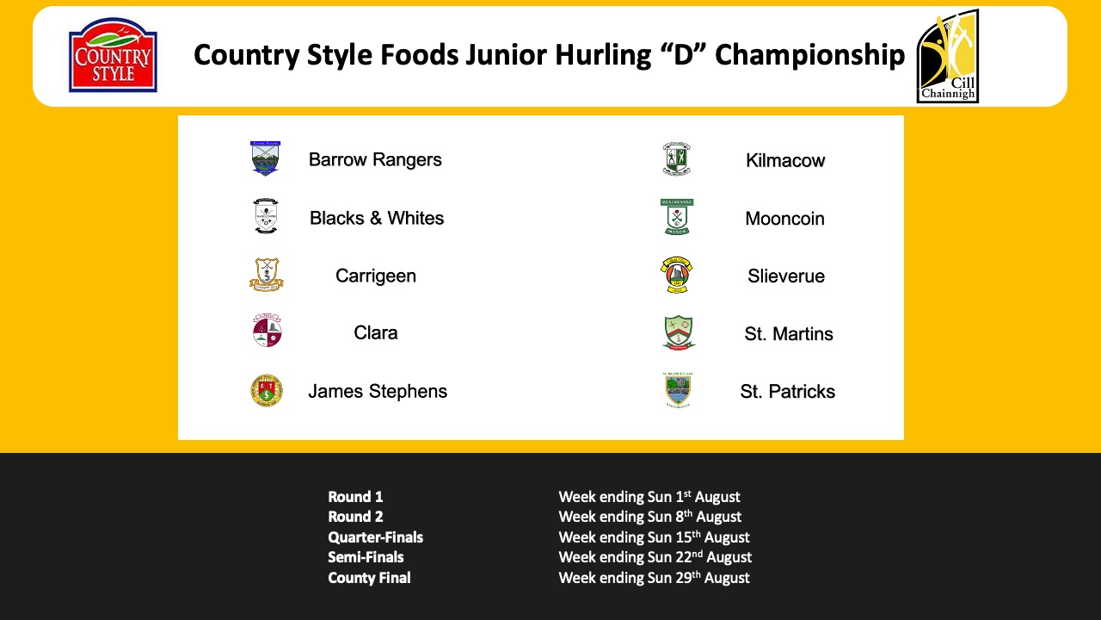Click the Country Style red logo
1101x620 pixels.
pyautogui.click(x=113, y=55)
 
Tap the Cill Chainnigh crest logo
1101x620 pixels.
pyautogui.click(x=948, y=56)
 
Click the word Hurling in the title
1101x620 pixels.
pyautogui.click(x=603, y=54)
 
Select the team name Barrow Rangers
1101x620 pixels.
pyautogui.click(x=375, y=159)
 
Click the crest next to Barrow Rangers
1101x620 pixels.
pyautogui.click(x=266, y=158)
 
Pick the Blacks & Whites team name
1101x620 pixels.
pyautogui.click(x=377, y=218)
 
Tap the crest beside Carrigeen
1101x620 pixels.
pyautogui.click(x=267, y=275)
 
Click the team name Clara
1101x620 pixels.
pyautogui.click(x=376, y=332)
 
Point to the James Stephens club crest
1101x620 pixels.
pyautogui.click(x=267, y=391)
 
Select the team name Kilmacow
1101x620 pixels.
pyautogui.click(x=785, y=160)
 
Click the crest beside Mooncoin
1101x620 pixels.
pyautogui.click(x=677, y=217)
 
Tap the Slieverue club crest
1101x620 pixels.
pyautogui.click(x=676, y=275)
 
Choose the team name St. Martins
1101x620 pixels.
pyautogui.click(x=789, y=333)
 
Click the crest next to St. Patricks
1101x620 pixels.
pyautogui.click(x=678, y=390)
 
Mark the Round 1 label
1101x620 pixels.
pyautogui.click(x=355, y=497)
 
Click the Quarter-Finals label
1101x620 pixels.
pyautogui.click(x=376, y=536)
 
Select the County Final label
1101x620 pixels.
pyautogui.click(x=369, y=577)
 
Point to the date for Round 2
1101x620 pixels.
pyautogui.click(x=649, y=517)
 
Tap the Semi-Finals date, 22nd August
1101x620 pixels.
pyautogui.click(x=655, y=557)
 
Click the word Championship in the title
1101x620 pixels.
pyautogui.click(x=809, y=54)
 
